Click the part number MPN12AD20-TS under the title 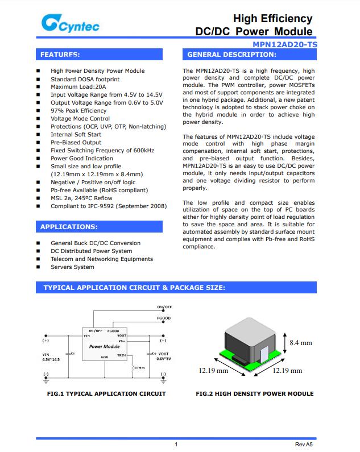(x=285, y=44)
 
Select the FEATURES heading (x=60, y=55)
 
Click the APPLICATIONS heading (x=68, y=227)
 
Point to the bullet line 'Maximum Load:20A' (x=78, y=87)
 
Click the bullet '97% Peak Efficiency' (x=78, y=111)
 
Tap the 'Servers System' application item (x=72, y=267)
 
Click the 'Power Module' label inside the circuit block (x=104, y=346)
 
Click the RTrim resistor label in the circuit (x=139, y=368)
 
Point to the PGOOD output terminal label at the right (x=164, y=318)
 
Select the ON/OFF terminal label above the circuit (x=164, y=307)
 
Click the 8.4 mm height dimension (x=301, y=343)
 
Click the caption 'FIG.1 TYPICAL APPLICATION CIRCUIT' (x=106, y=393)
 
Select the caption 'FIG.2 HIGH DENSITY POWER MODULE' (x=254, y=393)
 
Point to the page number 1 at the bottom (x=176, y=444)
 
